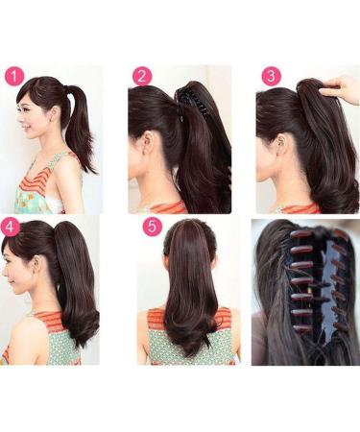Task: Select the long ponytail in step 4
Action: coord(77,288)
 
